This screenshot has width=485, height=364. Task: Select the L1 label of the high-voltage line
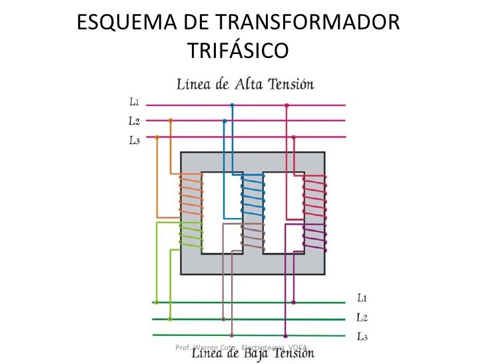(x=134, y=103)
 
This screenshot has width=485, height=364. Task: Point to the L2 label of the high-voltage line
(x=134, y=121)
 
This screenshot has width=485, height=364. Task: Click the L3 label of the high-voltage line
(x=134, y=140)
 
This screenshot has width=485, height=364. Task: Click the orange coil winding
(x=191, y=193)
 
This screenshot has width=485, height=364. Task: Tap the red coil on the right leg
(x=314, y=195)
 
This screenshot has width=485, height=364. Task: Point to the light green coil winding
(x=191, y=233)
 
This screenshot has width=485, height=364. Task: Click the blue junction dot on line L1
(x=232, y=105)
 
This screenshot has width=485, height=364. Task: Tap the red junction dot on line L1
(x=286, y=105)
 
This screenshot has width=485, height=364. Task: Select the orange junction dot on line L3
(x=157, y=137)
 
